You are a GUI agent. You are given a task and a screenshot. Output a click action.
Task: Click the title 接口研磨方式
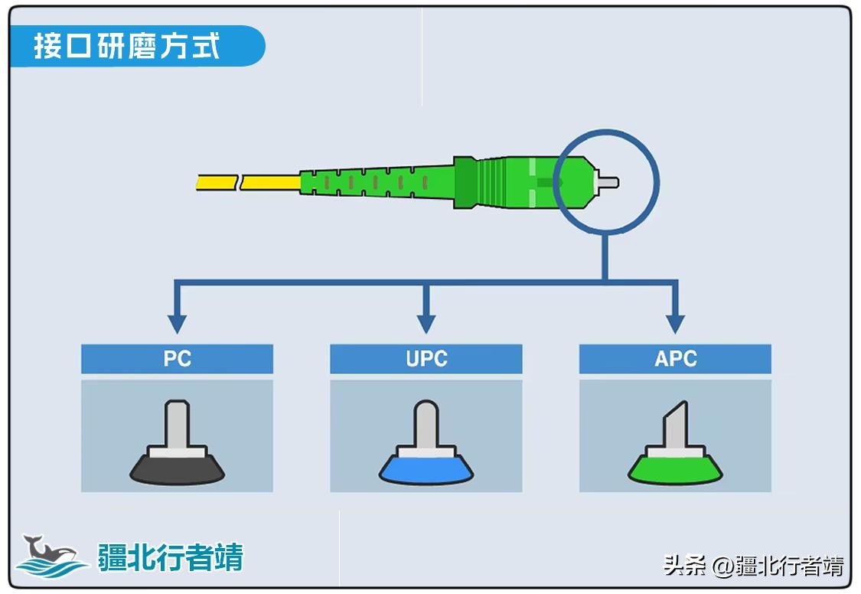tap(127, 46)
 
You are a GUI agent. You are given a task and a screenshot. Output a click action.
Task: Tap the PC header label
tap(177, 358)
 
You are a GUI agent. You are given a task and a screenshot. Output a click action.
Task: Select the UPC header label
tap(426, 358)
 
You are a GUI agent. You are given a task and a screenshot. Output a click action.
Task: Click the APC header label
tap(675, 358)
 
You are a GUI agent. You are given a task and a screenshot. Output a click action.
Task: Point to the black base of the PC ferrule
tap(177, 469)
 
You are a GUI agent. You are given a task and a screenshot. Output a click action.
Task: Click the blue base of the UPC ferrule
tap(426, 469)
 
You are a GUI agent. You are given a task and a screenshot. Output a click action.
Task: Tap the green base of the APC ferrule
tap(675, 469)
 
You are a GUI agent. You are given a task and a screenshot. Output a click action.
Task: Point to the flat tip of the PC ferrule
tap(177, 404)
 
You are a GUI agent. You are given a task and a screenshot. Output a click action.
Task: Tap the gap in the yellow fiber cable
tap(239, 183)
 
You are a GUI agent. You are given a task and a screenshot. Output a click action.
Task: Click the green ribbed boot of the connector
tap(367, 182)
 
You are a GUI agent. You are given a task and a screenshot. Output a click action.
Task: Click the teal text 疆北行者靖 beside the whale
tap(170, 557)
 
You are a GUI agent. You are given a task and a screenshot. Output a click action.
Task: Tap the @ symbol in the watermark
tap(723, 566)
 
